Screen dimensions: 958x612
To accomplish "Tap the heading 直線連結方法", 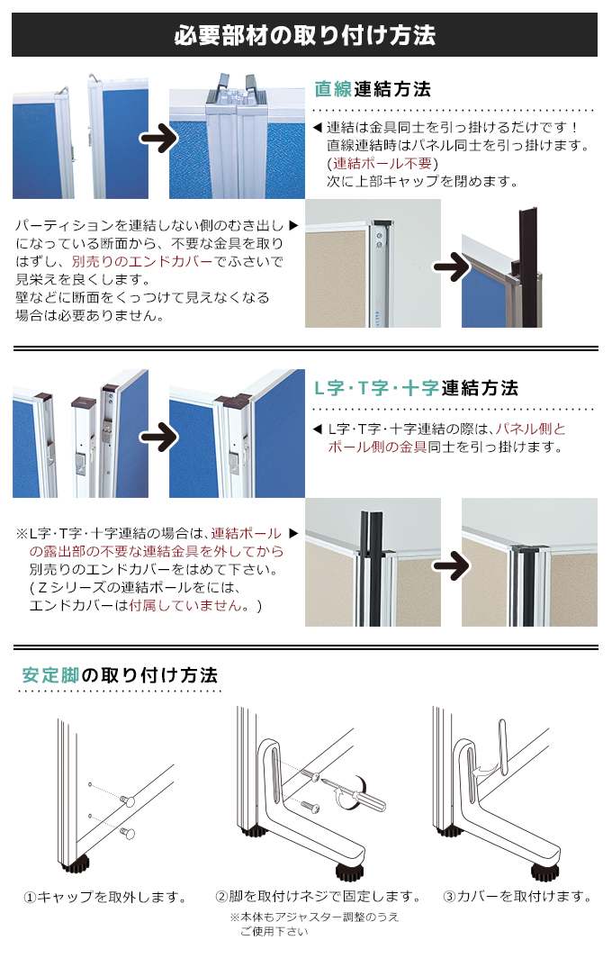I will click(373, 89).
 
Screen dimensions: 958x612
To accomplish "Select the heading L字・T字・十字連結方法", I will click(415, 388).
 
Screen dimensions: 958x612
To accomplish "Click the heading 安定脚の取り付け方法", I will click(120, 674).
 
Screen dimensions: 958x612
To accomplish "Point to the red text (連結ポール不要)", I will click(382, 163).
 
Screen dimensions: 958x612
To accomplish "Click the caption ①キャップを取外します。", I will click(106, 897).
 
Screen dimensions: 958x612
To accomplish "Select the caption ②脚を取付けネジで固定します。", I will click(318, 897).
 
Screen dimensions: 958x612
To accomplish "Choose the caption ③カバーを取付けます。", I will click(517, 897).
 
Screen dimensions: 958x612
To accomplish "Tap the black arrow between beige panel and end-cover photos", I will click(451, 266).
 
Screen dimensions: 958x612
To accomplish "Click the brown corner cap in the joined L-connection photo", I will click(233, 399).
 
